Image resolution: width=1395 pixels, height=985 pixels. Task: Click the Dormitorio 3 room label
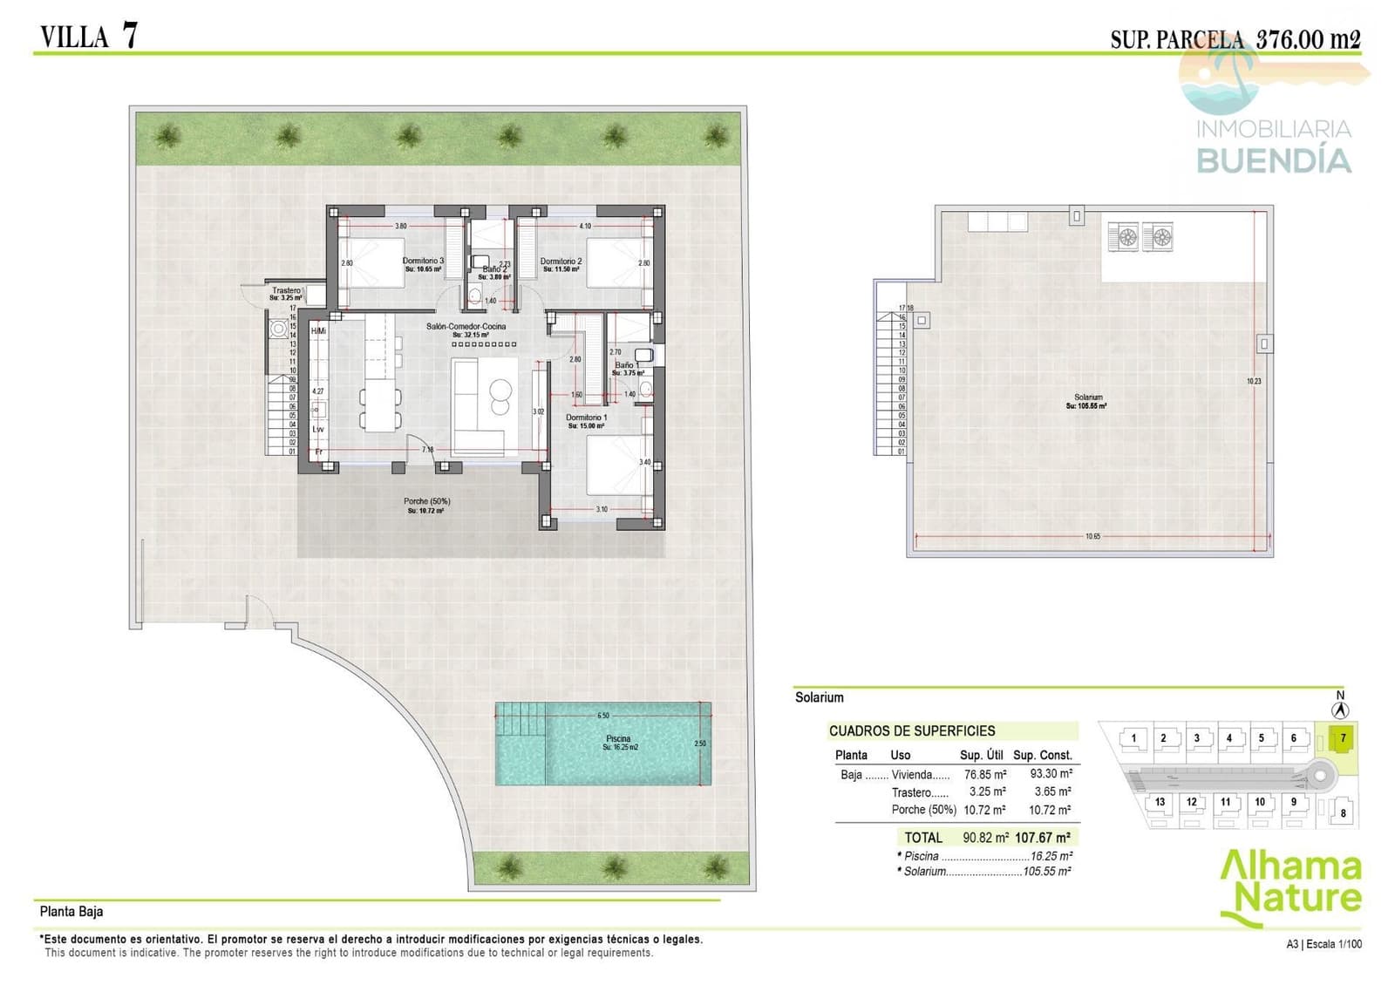(x=423, y=262)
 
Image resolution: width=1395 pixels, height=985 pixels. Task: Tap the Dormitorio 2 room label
(x=561, y=262)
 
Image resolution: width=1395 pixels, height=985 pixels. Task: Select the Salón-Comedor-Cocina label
(x=466, y=327)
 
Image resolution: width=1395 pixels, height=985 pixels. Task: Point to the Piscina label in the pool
(x=618, y=739)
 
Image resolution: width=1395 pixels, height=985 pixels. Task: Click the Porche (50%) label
(x=426, y=502)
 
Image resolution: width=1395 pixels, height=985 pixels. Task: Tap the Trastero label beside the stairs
(x=286, y=291)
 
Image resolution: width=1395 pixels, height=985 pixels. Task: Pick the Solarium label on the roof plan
(x=1087, y=397)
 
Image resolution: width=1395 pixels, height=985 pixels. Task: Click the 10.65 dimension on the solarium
(x=1092, y=537)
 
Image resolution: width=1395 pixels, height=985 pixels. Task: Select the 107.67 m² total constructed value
(x=1042, y=838)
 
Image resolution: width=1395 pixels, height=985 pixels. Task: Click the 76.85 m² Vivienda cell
(x=984, y=774)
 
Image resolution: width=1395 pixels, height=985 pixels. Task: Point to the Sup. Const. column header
(x=1042, y=756)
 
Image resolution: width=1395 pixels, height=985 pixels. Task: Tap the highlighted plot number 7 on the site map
(x=1343, y=738)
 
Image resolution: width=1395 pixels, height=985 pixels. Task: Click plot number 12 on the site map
(x=1191, y=802)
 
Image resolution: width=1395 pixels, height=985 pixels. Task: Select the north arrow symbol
(x=1340, y=710)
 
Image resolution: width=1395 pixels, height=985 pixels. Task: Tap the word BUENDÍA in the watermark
(x=1273, y=161)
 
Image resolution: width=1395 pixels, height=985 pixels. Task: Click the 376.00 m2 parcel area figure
(x=1307, y=39)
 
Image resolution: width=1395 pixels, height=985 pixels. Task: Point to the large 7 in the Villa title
(x=129, y=35)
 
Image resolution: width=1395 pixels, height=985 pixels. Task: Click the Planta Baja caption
(x=71, y=912)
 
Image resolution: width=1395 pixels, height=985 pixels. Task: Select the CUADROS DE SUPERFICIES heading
(x=911, y=731)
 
